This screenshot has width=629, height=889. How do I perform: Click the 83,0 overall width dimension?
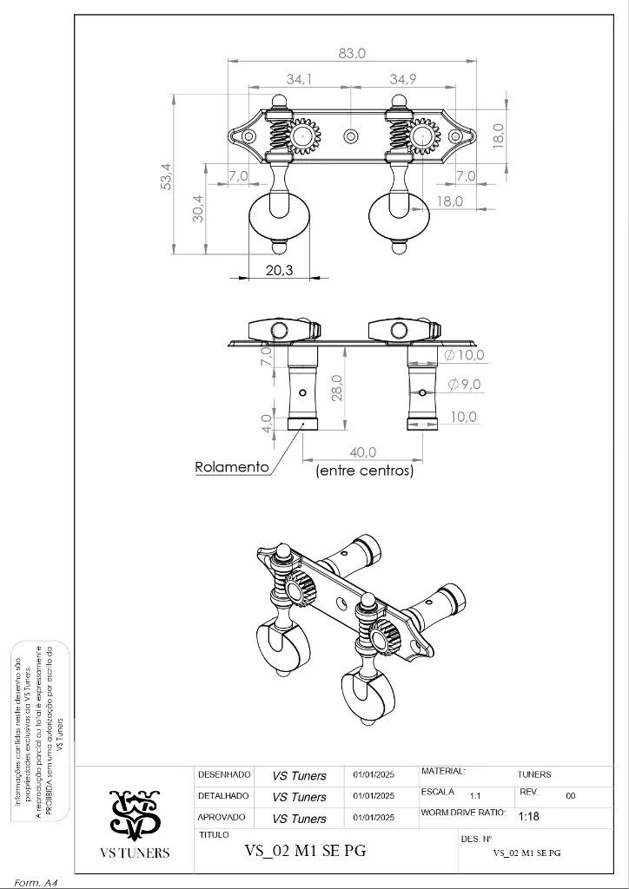point(352,53)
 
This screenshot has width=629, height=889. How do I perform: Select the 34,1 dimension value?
point(300,79)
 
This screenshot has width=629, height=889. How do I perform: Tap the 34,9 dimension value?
point(403,79)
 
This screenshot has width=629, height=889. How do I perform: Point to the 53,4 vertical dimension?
point(166,175)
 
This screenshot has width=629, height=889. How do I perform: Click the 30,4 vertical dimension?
point(198,208)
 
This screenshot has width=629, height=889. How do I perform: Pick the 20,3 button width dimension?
point(279,270)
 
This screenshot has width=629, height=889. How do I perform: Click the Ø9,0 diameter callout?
point(465,384)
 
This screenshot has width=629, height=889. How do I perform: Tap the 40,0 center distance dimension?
point(362,452)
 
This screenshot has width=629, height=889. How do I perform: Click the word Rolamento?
point(231,467)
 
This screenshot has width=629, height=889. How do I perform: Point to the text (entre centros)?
point(364,471)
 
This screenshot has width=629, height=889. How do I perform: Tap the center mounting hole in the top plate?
point(351,136)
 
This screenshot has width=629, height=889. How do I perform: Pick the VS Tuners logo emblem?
point(134,814)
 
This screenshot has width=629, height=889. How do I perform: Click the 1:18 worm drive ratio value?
point(528,817)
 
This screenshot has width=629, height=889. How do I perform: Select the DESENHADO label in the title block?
point(224,774)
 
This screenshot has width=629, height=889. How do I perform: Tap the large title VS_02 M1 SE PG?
point(305,851)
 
